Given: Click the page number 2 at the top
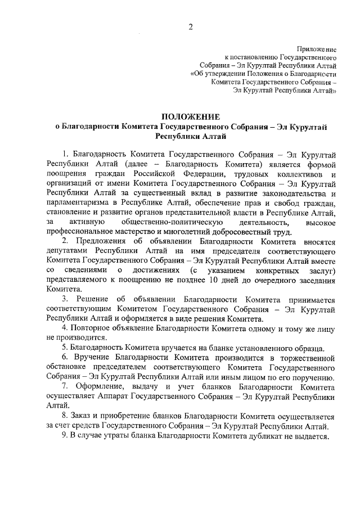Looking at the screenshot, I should click(x=190, y=26).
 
